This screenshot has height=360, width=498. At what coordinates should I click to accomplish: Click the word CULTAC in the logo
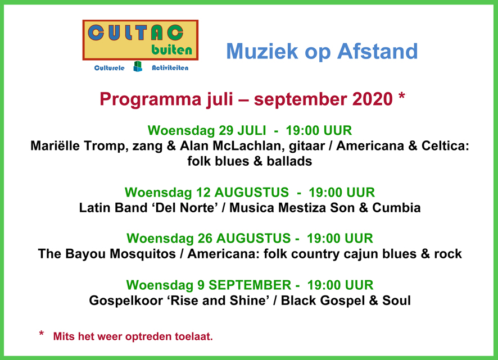(135, 33)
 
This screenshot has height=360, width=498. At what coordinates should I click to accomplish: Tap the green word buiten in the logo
(172, 50)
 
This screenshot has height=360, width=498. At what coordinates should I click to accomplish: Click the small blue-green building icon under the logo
(138, 66)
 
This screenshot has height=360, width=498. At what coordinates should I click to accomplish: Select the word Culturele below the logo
(109, 68)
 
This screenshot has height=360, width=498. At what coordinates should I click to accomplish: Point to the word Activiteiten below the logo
(170, 68)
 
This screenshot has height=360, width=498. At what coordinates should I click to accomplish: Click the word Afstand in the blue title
(377, 51)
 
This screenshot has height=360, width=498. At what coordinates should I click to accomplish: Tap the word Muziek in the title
(262, 51)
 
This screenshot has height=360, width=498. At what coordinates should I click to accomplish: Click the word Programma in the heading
(151, 99)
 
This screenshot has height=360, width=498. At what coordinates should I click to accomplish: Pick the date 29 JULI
(242, 130)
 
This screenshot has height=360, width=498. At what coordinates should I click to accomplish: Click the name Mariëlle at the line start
(55, 145)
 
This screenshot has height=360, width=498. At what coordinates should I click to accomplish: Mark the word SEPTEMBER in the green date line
(250, 285)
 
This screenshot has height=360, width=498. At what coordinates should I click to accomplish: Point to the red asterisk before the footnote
(41, 334)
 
